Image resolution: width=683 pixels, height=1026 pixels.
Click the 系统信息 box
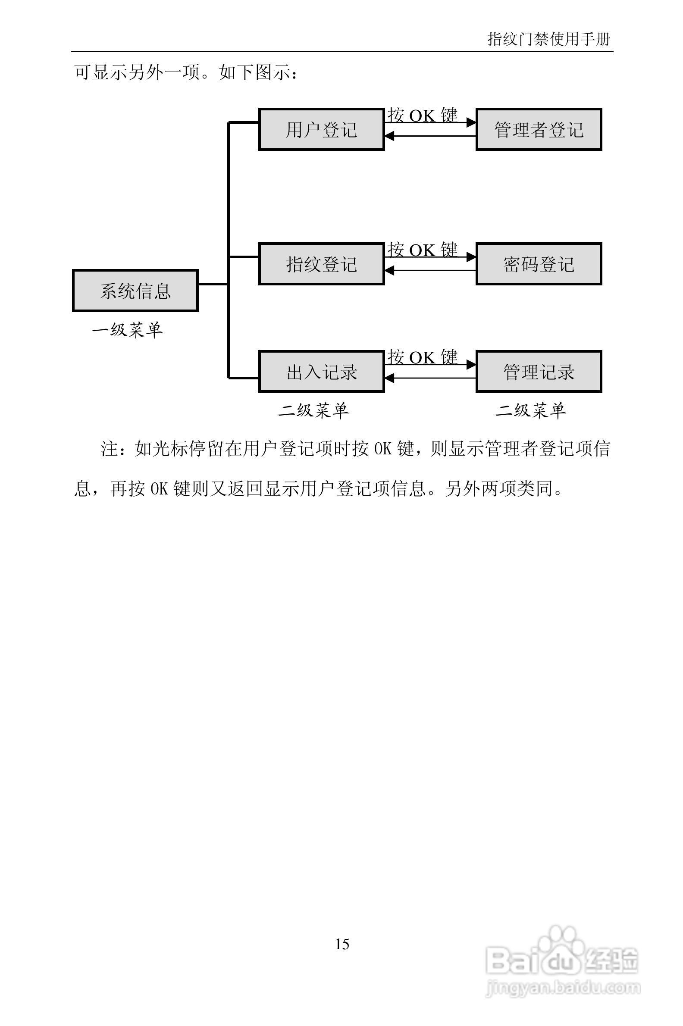pyautogui.click(x=135, y=291)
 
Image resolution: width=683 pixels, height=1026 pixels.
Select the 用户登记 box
pyautogui.click(x=322, y=129)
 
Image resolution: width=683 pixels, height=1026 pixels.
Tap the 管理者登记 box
pyautogui.click(x=539, y=129)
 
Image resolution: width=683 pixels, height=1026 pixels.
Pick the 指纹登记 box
pyautogui.click(x=322, y=264)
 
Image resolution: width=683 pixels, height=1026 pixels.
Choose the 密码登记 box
pyautogui.click(x=539, y=264)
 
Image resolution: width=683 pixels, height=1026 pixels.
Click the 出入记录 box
pyautogui.click(x=322, y=372)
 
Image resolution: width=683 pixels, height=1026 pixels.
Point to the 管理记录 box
pyautogui.click(x=539, y=372)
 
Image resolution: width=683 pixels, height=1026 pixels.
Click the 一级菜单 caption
pyautogui.click(x=127, y=330)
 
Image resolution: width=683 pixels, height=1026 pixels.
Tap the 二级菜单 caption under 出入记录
pyautogui.click(x=313, y=410)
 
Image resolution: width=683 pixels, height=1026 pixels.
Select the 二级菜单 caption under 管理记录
pyautogui.click(x=530, y=410)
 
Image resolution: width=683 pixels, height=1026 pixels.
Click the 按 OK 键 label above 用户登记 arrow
pyautogui.click(x=423, y=115)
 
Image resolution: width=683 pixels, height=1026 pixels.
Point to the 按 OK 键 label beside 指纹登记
pyautogui.click(x=423, y=250)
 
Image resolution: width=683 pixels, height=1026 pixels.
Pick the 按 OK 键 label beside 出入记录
pyautogui.click(x=423, y=357)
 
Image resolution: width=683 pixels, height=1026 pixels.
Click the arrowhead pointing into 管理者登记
pyautogui.click(x=471, y=123)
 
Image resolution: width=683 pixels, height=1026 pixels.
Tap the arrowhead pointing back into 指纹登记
pyautogui.click(x=389, y=270)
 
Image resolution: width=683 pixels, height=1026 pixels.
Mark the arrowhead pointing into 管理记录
pyautogui.click(x=471, y=365)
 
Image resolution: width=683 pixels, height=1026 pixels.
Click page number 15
pyautogui.click(x=342, y=944)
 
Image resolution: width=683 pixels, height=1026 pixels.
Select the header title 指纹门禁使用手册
pyautogui.click(x=549, y=39)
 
